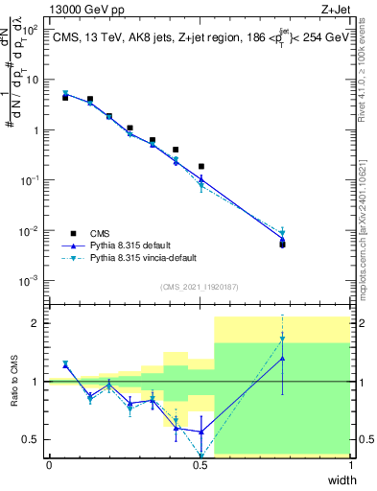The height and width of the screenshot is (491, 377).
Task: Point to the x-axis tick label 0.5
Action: point(200,465)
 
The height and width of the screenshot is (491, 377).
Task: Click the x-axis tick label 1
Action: point(351,465)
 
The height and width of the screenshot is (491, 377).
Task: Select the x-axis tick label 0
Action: point(49,465)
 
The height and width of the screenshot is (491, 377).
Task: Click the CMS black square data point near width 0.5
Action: point(200,166)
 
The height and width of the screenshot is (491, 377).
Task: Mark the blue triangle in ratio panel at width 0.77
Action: point(282,359)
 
